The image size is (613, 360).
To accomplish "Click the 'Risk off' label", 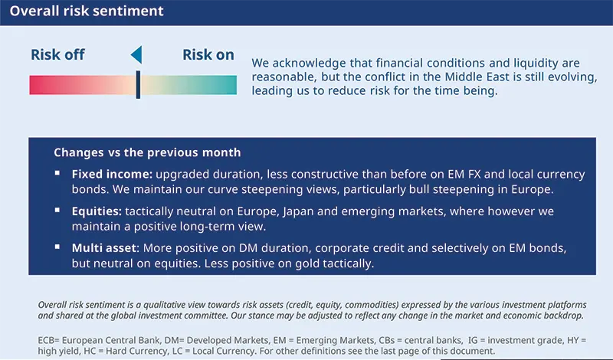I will (x=57, y=54).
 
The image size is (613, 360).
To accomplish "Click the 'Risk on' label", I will (x=208, y=54).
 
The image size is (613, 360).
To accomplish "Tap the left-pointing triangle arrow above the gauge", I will (x=136, y=54).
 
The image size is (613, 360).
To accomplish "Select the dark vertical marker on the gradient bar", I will (x=138, y=84).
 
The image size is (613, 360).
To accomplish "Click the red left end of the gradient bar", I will (x=37, y=84).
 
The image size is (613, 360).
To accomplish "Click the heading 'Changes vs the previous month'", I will (x=147, y=152).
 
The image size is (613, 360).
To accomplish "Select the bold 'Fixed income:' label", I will (x=112, y=174).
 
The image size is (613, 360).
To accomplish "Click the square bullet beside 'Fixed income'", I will (x=57, y=173).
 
